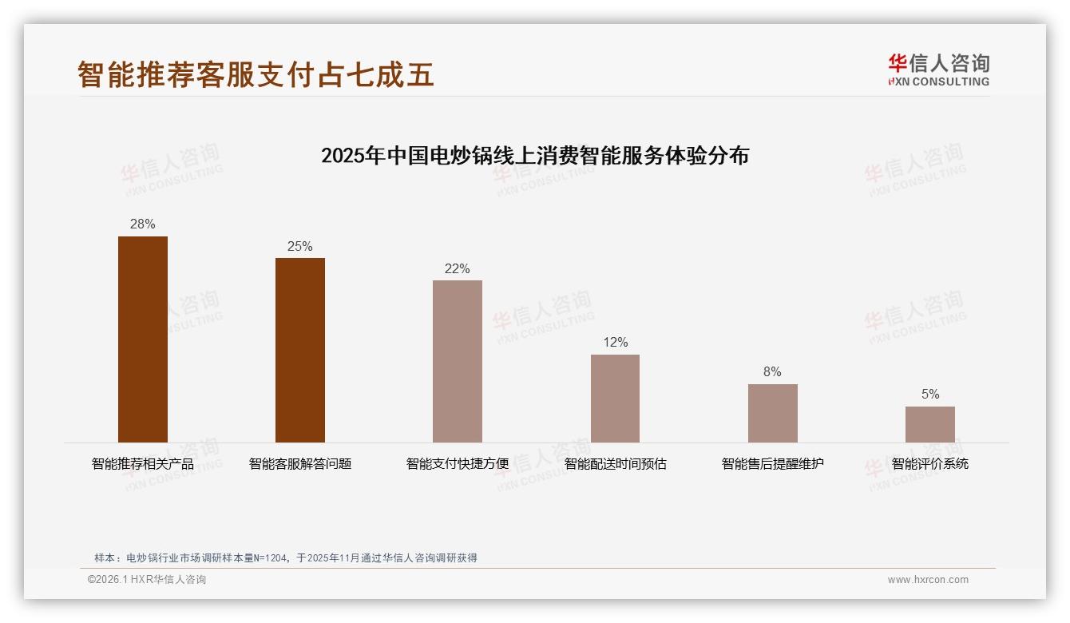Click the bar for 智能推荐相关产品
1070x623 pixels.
click(x=143, y=339)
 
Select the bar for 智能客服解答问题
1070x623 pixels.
click(x=300, y=350)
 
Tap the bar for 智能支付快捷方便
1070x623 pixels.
click(x=458, y=361)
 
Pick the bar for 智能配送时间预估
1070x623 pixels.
click(x=615, y=399)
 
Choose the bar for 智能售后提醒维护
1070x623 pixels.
click(x=772, y=413)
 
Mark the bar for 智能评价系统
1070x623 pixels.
click(x=929, y=424)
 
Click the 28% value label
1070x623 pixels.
click(x=143, y=224)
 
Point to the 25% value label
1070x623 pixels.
click(x=300, y=246)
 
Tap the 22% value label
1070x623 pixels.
click(x=458, y=268)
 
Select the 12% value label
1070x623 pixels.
click(x=615, y=343)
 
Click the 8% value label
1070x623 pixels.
click(x=772, y=372)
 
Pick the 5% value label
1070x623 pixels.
click(x=929, y=395)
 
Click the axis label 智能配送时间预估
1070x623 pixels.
click(x=615, y=464)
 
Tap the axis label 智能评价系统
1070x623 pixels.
click(x=929, y=464)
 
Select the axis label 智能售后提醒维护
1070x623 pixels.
click(x=772, y=464)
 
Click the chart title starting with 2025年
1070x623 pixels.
click(x=535, y=156)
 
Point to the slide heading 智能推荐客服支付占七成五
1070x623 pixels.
click(x=256, y=74)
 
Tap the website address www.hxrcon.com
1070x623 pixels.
click(x=928, y=580)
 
